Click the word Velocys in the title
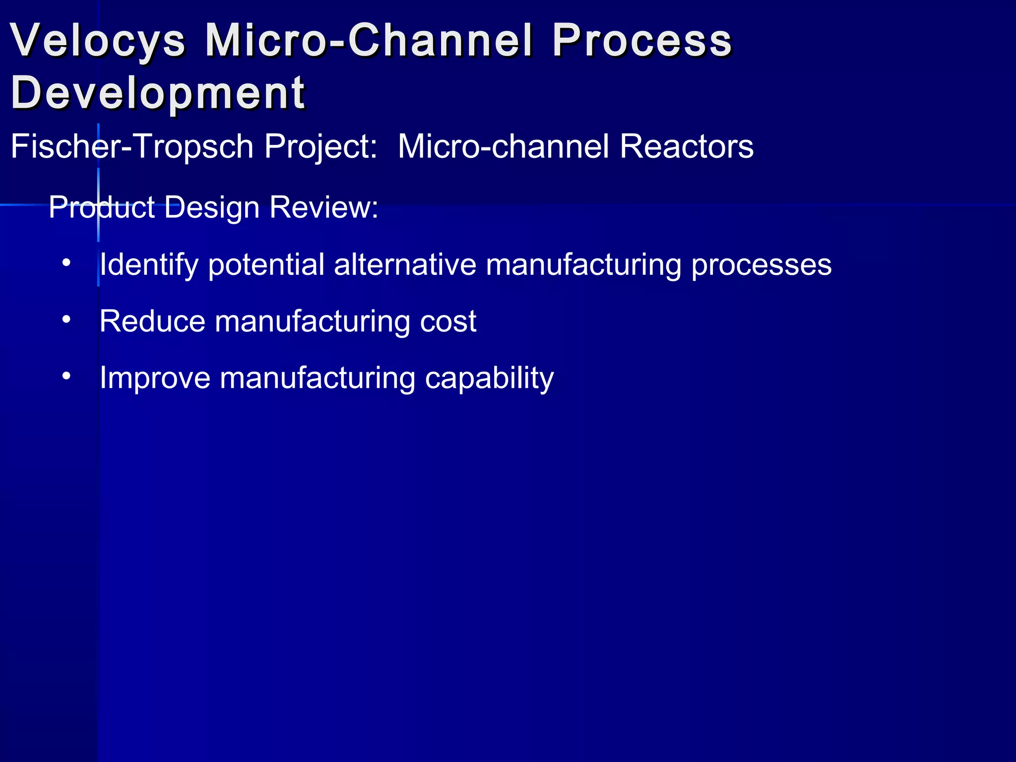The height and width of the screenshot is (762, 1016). click(x=98, y=41)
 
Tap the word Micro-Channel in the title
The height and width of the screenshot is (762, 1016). click(x=369, y=41)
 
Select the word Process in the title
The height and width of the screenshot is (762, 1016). click(x=642, y=41)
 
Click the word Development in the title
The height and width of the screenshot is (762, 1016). click(x=158, y=93)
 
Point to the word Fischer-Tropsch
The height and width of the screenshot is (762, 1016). click(x=132, y=147)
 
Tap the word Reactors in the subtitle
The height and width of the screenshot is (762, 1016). click(x=687, y=147)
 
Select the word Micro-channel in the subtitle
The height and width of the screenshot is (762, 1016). click(x=503, y=147)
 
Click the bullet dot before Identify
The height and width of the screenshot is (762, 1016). click(x=66, y=263)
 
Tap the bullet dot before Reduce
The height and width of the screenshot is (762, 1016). click(x=66, y=319)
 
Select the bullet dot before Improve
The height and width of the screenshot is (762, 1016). click(x=66, y=376)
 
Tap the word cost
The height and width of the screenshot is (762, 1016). click(x=448, y=321)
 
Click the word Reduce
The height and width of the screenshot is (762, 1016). click(x=152, y=321)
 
